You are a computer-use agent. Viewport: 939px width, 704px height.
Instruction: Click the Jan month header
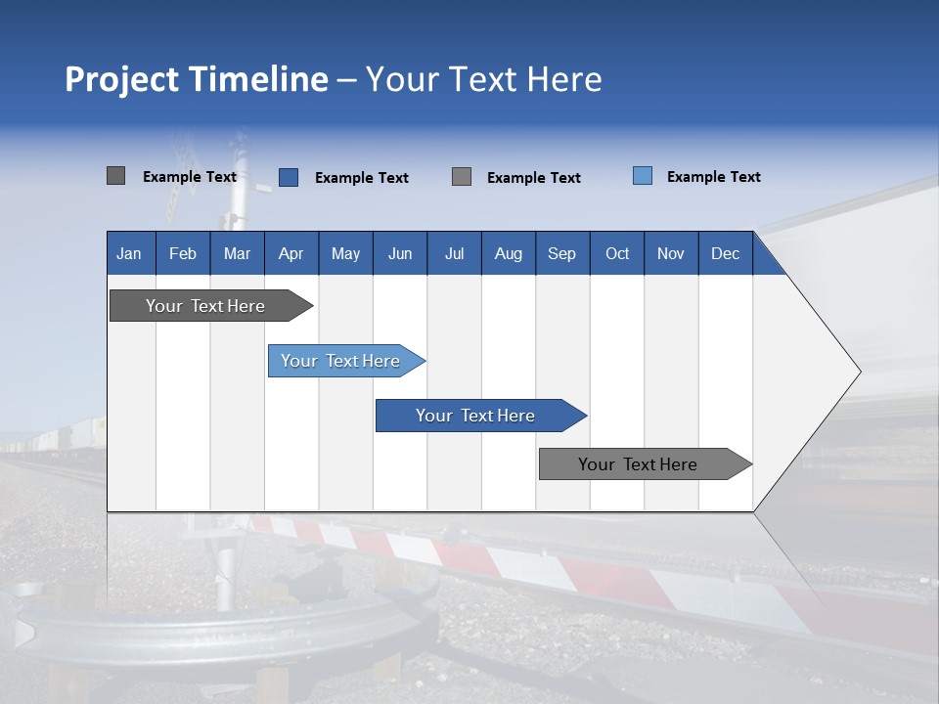pyautogui.click(x=129, y=253)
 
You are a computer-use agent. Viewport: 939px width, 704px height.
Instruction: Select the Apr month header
pyautogui.click(x=291, y=253)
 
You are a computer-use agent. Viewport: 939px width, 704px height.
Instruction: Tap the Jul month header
pyautogui.click(x=454, y=253)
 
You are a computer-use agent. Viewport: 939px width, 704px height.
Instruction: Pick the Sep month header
pyautogui.click(x=561, y=253)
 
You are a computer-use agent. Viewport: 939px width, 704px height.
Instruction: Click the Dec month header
pyautogui.click(x=725, y=253)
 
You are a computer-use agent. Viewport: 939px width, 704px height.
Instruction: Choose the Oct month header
pyautogui.click(x=617, y=253)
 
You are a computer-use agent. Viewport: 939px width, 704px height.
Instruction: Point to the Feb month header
pyautogui.click(x=183, y=253)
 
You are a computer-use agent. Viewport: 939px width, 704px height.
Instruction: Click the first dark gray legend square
pyautogui.click(x=115, y=176)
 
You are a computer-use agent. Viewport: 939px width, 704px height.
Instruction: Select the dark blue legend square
pyautogui.click(x=289, y=177)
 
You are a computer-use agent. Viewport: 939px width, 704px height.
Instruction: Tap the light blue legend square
pyautogui.click(x=643, y=176)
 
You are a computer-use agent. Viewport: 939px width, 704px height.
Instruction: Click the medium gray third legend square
pyautogui.click(x=462, y=177)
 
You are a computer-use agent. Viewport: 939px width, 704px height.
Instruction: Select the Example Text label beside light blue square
pyautogui.click(x=713, y=177)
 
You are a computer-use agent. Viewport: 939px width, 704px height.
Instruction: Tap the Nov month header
pyautogui.click(x=671, y=253)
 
